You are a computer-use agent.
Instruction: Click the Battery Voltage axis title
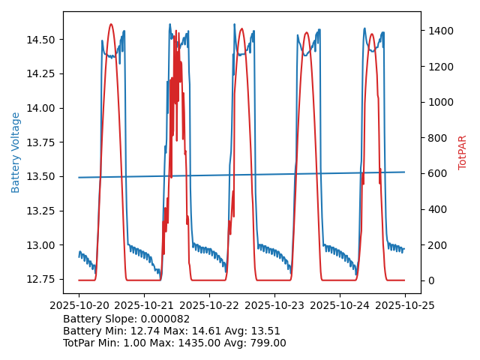coord(16,152)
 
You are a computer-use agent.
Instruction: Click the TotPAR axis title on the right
coord(463,152)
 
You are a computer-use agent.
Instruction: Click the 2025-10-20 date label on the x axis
coord(79,306)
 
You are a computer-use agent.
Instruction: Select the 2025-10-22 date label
coord(209,306)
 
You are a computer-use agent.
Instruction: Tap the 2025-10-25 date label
coord(405,306)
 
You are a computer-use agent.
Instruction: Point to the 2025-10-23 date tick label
coord(274,306)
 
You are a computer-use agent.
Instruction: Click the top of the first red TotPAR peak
coord(111,24)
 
